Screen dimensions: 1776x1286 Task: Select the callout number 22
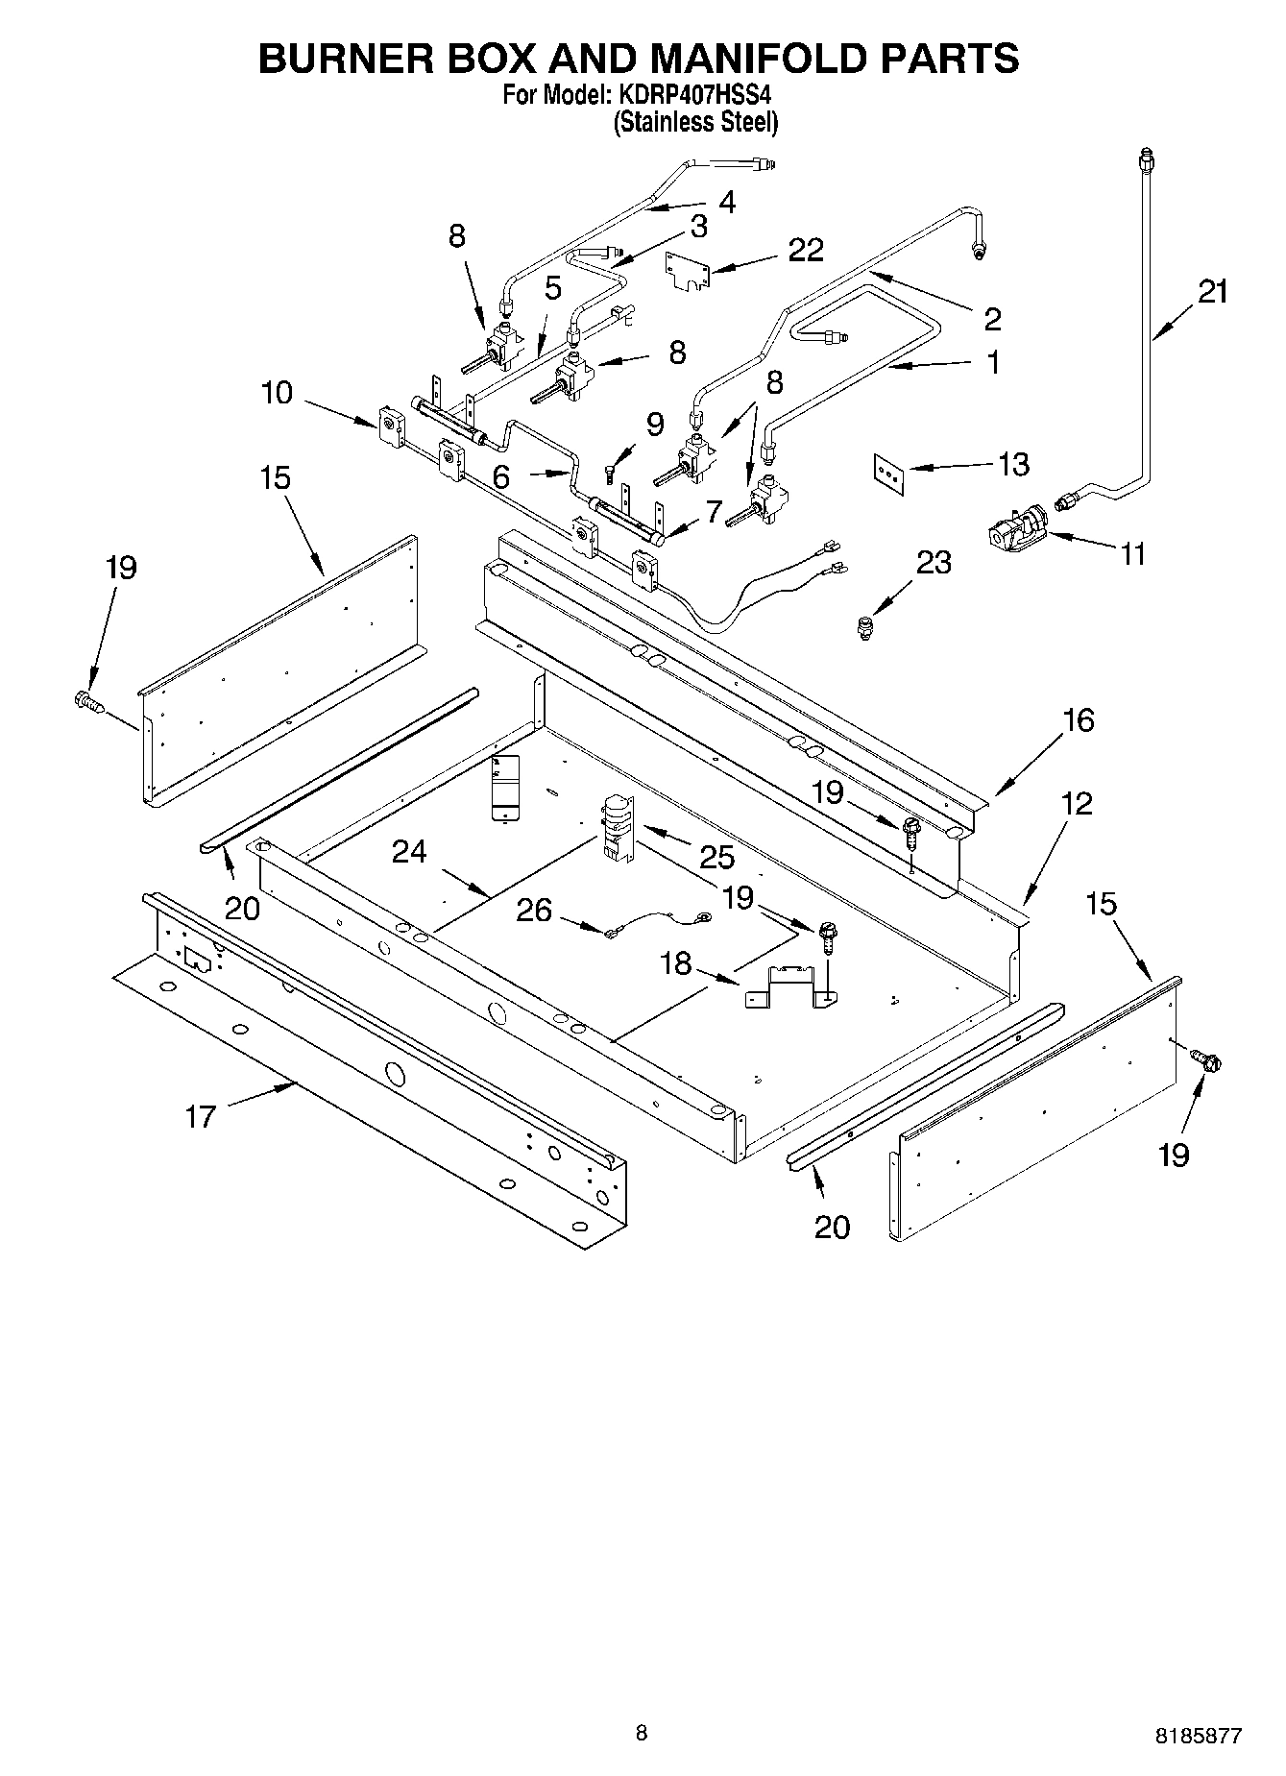[x=805, y=250]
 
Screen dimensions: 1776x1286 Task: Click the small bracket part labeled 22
[x=688, y=270]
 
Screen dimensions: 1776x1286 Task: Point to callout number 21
[x=1212, y=291]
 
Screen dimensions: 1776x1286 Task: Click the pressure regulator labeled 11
[x=1016, y=529]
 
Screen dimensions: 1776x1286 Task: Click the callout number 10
[x=277, y=393]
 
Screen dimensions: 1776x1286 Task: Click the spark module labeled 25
[x=613, y=825]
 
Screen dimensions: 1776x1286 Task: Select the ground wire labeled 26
[x=654, y=923]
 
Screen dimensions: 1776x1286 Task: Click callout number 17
[x=200, y=1116]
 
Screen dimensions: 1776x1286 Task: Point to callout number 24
[x=409, y=852]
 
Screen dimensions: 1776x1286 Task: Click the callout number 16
[x=1079, y=720]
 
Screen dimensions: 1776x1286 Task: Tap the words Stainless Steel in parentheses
[x=696, y=123]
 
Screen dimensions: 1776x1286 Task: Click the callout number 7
[x=712, y=512]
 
